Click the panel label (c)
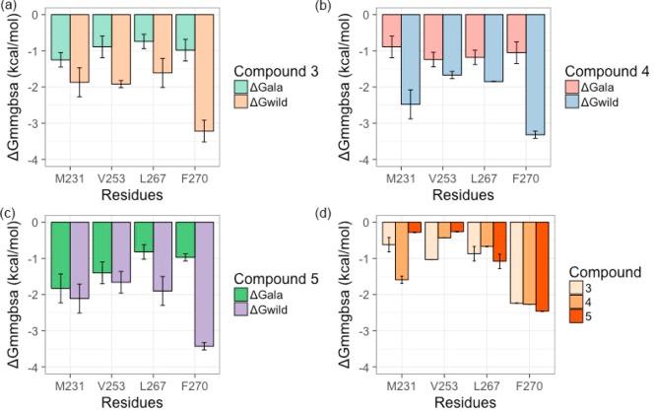pos(9,213)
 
